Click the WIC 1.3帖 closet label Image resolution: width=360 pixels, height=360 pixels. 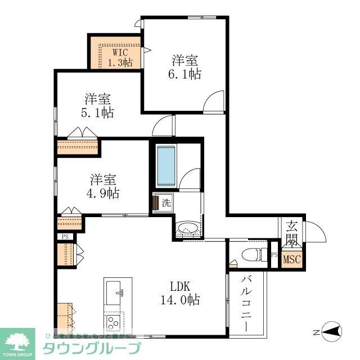pyautogui.click(x=120, y=57)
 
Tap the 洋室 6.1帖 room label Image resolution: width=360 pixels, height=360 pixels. pyautogui.click(x=185, y=67)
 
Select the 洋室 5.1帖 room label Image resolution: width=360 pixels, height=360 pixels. pyautogui.click(x=97, y=106)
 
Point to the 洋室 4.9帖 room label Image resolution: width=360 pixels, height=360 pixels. pyautogui.click(x=102, y=186)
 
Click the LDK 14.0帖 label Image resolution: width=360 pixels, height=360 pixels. pyautogui.click(x=180, y=293)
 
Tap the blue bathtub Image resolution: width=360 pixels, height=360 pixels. pyautogui.click(x=166, y=166)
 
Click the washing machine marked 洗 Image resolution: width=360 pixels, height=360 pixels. pyautogui.click(x=163, y=202)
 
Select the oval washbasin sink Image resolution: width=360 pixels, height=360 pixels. pyautogui.click(x=188, y=228)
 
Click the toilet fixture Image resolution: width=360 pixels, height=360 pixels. pyautogui.click(x=254, y=254)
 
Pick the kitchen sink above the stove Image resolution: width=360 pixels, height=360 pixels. pyautogui.click(x=114, y=293)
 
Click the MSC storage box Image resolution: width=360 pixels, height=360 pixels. pyautogui.click(x=292, y=259)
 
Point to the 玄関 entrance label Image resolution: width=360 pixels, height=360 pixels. pyautogui.click(x=291, y=233)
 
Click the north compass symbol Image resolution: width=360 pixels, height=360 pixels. pyautogui.click(x=331, y=331)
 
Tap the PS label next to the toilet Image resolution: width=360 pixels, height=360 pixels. pyautogui.click(x=274, y=254)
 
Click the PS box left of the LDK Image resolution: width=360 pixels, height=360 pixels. pyautogui.click(x=65, y=237)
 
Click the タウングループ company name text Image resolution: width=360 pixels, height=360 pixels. pyautogui.click(x=92, y=348)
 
